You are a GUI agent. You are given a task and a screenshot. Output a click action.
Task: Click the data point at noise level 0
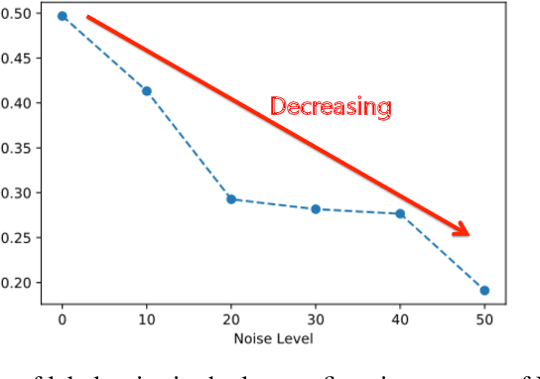62,16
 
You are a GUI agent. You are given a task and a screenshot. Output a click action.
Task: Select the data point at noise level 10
147,91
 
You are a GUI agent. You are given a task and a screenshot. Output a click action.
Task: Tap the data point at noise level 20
231,199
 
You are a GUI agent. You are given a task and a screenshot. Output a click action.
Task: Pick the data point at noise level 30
316,209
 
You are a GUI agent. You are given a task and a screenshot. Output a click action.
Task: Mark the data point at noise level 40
400,213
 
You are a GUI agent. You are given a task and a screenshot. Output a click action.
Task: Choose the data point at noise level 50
484,291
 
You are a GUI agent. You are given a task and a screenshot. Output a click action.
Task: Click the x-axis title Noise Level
273,339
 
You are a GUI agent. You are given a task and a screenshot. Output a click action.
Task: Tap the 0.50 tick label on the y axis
22,13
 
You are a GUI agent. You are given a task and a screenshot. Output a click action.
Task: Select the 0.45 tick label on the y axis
22,58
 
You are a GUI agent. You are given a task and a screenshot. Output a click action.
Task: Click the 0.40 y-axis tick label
22,103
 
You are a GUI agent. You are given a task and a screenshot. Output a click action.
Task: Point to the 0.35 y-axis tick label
22,148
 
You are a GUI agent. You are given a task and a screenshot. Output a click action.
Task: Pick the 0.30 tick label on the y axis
22,192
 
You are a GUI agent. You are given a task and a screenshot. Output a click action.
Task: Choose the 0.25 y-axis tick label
22,238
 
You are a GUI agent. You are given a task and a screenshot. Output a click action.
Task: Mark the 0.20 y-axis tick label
22,283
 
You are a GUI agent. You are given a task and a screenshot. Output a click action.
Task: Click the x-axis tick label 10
147,320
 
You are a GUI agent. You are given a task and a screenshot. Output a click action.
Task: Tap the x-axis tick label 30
316,320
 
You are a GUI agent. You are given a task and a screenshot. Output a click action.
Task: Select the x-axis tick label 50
484,320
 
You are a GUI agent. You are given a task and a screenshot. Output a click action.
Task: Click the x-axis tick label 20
231,320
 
